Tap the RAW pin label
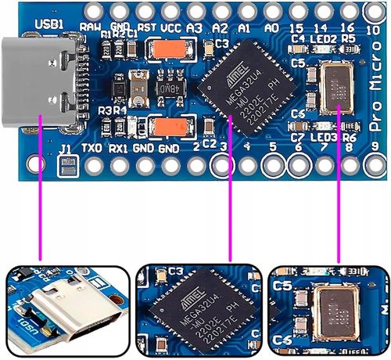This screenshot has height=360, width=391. [x=91, y=27]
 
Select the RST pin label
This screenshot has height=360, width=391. [x=145, y=27]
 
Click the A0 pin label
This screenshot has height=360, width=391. [x=272, y=27]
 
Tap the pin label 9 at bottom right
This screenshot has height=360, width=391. [x=375, y=146]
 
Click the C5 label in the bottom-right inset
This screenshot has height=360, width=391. [x=282, y=286]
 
